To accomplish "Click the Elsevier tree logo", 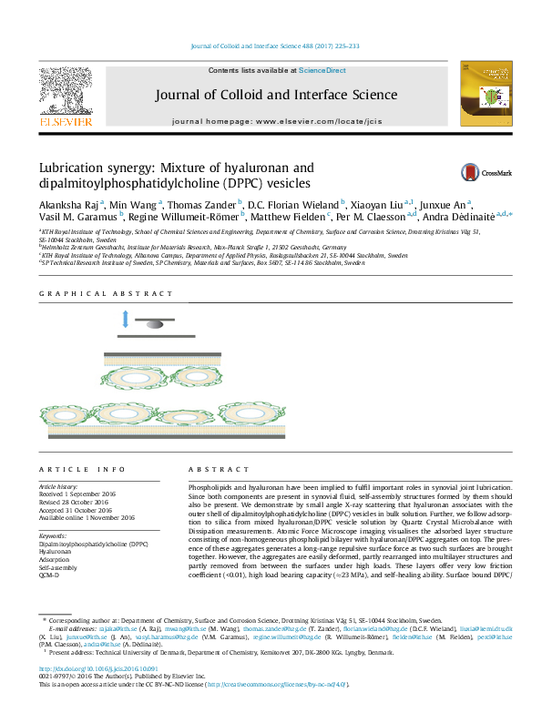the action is click(65, 90).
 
